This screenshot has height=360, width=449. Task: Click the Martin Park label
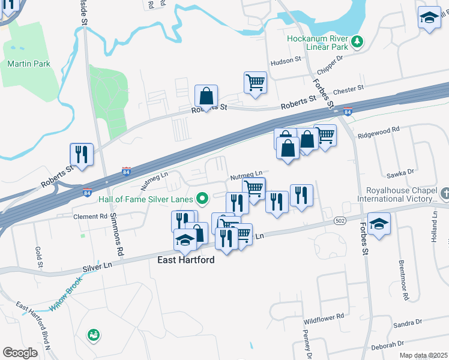(x=28, y=64)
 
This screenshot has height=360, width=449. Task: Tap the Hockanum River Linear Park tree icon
(x=358, y=41)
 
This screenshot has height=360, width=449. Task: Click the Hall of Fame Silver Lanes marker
(x=202, y=197)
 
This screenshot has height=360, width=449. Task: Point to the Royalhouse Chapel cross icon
(x=444, y=193)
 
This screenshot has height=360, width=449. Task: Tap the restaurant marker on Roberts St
(x=81, y=154)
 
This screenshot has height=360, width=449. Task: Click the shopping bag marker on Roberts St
(x=206, y=96)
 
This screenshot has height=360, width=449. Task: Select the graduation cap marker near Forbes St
(x=379, y=224)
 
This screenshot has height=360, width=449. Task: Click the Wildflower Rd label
(x=324, y=315)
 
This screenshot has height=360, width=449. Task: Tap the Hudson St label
(x=286, y=61)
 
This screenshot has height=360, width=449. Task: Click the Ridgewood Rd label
(x=378, y=130)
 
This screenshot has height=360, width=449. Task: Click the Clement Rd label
(x=89, y=216)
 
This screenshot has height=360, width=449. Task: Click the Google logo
(x=20, y=353)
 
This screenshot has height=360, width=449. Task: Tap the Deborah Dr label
(x=387, y=345)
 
